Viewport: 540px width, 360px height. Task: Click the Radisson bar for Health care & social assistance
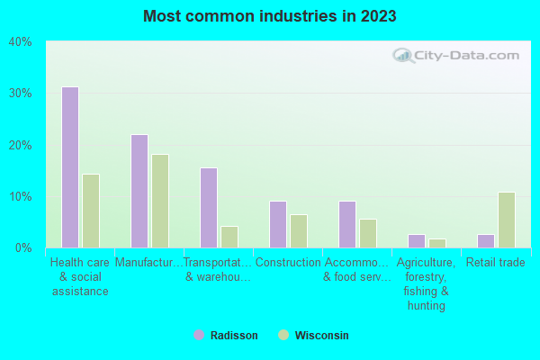(70, 167)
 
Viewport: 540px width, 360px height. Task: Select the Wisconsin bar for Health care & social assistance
(91, 211)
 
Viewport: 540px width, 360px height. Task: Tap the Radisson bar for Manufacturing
(139, 191)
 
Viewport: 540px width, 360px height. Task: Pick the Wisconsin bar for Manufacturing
(160, 201)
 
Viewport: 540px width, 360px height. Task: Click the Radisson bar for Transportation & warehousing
(209, 208)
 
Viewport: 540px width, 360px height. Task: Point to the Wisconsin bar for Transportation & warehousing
(229, 237)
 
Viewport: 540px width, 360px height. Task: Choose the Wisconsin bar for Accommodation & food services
(368, 233)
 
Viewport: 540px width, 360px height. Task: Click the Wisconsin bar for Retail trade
(507, 220)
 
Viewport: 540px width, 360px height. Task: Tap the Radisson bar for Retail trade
(486, 241)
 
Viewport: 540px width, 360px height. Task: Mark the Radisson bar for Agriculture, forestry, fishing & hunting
(417, 241)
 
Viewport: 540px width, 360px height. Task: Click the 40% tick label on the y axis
(20, 41)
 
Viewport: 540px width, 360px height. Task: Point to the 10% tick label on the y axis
(20, 196)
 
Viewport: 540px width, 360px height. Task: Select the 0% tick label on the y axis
(22, 247)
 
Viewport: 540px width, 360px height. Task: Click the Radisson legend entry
(226, 336)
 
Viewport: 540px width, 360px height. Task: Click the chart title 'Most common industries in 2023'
(270, 16)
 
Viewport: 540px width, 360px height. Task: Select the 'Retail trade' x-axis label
(496, 263)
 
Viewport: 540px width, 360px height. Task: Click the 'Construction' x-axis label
(288, 263)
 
